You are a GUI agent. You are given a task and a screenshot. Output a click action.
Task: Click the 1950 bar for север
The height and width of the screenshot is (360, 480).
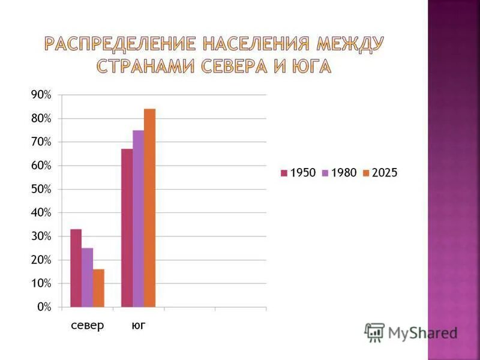[x=76, y=268]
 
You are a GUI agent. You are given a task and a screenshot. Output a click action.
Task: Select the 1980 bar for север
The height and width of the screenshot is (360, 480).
[x=87, y=277]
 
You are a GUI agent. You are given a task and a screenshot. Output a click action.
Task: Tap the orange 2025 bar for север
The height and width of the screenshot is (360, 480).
[x=98, y=288]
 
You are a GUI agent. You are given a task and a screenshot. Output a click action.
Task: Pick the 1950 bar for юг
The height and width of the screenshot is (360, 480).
[x=127, y=228]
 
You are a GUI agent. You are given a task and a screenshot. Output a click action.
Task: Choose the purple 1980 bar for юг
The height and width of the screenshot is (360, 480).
[x=138, y=218]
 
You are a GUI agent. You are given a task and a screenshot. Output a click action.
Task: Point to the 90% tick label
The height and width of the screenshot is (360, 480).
[x=41, y=95]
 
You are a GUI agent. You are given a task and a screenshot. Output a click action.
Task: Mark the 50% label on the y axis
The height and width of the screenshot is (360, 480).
[x=41, y=190]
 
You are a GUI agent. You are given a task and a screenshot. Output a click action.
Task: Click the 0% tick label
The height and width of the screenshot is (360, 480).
[x=44, y=307]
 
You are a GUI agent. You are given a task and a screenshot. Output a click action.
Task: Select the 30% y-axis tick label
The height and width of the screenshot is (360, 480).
[x=41, y=236]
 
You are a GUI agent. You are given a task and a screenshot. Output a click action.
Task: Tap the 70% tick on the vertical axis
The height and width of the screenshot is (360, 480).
[x=41, y=142]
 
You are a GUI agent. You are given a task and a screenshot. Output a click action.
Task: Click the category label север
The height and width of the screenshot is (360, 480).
[x=87, y=326]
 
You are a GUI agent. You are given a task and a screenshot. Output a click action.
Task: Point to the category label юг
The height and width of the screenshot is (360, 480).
[x=139, y=326]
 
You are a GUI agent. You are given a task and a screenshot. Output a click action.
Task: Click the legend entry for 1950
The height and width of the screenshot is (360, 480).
[x=298, y=173]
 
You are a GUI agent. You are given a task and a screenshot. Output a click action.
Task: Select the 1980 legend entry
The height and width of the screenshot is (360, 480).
[x=339, y=173]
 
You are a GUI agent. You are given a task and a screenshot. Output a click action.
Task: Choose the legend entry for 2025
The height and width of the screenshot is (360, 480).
[x=380, y=173]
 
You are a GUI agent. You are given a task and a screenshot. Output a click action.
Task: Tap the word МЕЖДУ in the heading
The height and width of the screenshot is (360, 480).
[x=350, y=44]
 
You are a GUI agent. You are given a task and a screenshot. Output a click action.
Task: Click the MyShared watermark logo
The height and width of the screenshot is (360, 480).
[x=411, y=332]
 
